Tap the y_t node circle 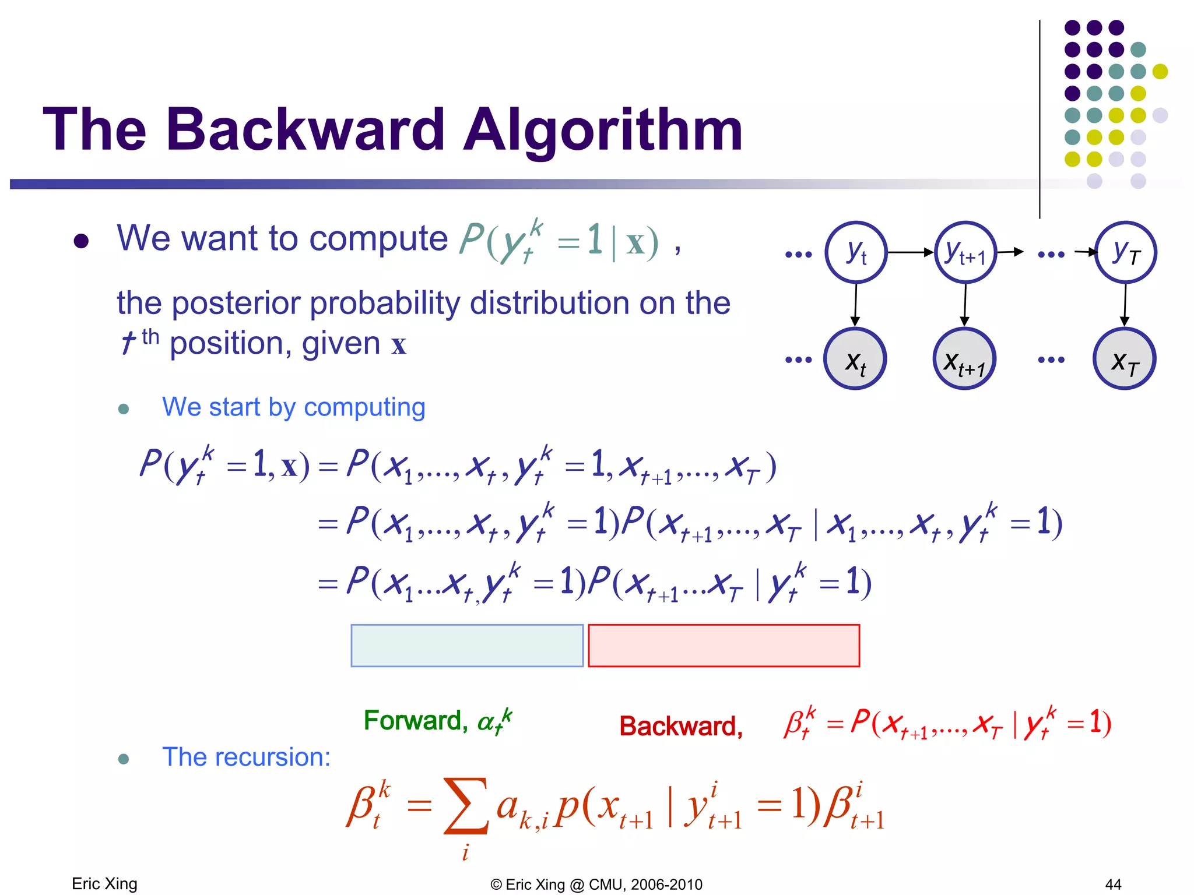pyautogui.click(x=856, y=252)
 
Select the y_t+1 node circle pyautogui.click(x=965, y=252)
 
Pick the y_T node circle pyautogui.click(x=1126, y=252)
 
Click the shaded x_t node pyautogui.click(x=855, y=359)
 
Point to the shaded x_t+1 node pyautogui.click(x=965, y=359)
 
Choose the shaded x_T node pyautogui.click(x=1125, y=359)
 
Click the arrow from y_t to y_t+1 pyautogui.click(x=911, y=252)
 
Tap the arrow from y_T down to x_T pyautogui.click(x=1125, y=305)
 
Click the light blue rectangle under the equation pyautogui.click(x=467, y=646)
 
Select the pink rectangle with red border pyautogui.click(x=724, y=646)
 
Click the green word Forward pyautogui.click(x=412, y=721)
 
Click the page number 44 pyautogui.click(x=1113, y=885)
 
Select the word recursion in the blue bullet pyautogui.click(x=277, y=757)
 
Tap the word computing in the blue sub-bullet pyautogui.click(x=364, y=407)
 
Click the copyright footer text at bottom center pyautogui.click(x=596, y=885)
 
